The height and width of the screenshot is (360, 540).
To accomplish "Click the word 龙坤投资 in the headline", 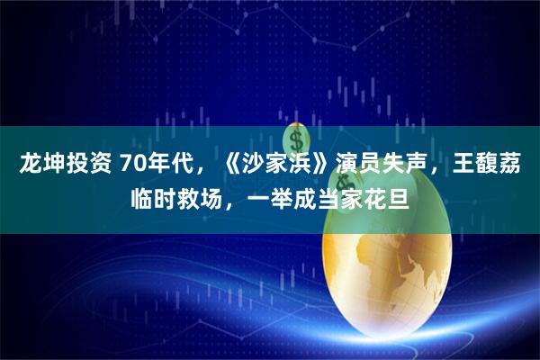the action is coord(65,163).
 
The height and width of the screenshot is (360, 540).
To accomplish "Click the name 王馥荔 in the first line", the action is coord(486,163).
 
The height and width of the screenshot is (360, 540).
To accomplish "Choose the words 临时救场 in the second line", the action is coord(176,199).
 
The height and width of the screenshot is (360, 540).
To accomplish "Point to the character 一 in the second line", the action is coord(258,199).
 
